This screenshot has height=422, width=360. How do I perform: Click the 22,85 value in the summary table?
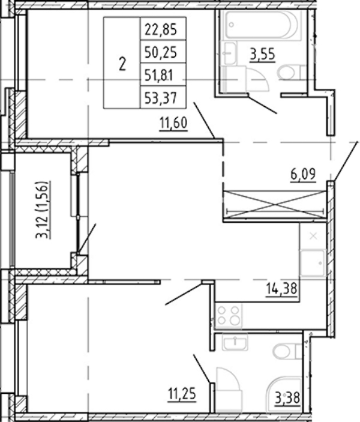tap(161, 29)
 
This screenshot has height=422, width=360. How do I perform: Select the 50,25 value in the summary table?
tap(161, 52)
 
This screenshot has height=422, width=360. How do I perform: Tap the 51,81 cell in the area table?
tap(159, 75)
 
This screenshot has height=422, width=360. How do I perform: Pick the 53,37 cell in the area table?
tap(161, 98)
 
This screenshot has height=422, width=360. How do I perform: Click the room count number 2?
tap(122, 65)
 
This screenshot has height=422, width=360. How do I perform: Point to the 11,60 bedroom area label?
tap(173, 124)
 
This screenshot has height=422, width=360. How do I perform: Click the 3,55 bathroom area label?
tap(262, 55)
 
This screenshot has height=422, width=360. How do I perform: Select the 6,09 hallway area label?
tap(303, 175)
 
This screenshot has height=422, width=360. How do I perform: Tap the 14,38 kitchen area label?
tap(281, 289)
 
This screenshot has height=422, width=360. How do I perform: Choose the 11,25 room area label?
tap(182, 394)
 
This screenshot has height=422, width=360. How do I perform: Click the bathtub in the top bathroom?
tap(262, 25)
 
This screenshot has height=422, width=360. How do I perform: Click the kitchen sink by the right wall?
tap(313, 263)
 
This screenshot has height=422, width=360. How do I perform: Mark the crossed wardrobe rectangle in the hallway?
tap(275, 204)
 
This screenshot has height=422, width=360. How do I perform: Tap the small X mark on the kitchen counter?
tap(313, 237)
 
